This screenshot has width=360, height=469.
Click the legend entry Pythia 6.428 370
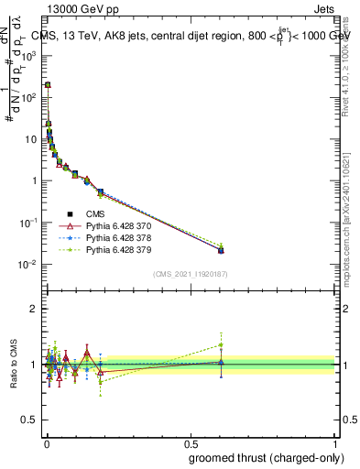(116, 225)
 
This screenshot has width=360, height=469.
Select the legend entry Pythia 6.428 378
(116, 237)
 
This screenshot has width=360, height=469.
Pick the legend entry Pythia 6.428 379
(116, 249)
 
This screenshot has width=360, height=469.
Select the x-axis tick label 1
(335, 442)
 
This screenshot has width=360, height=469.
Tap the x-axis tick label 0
(46, 442)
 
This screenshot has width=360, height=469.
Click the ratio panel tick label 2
(35, 309)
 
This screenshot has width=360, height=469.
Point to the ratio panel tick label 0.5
(30, 420)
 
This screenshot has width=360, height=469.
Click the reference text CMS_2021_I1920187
(191, 274)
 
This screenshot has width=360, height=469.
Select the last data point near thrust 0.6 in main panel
(221, 249)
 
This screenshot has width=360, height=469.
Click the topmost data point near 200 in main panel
(48, 84)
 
